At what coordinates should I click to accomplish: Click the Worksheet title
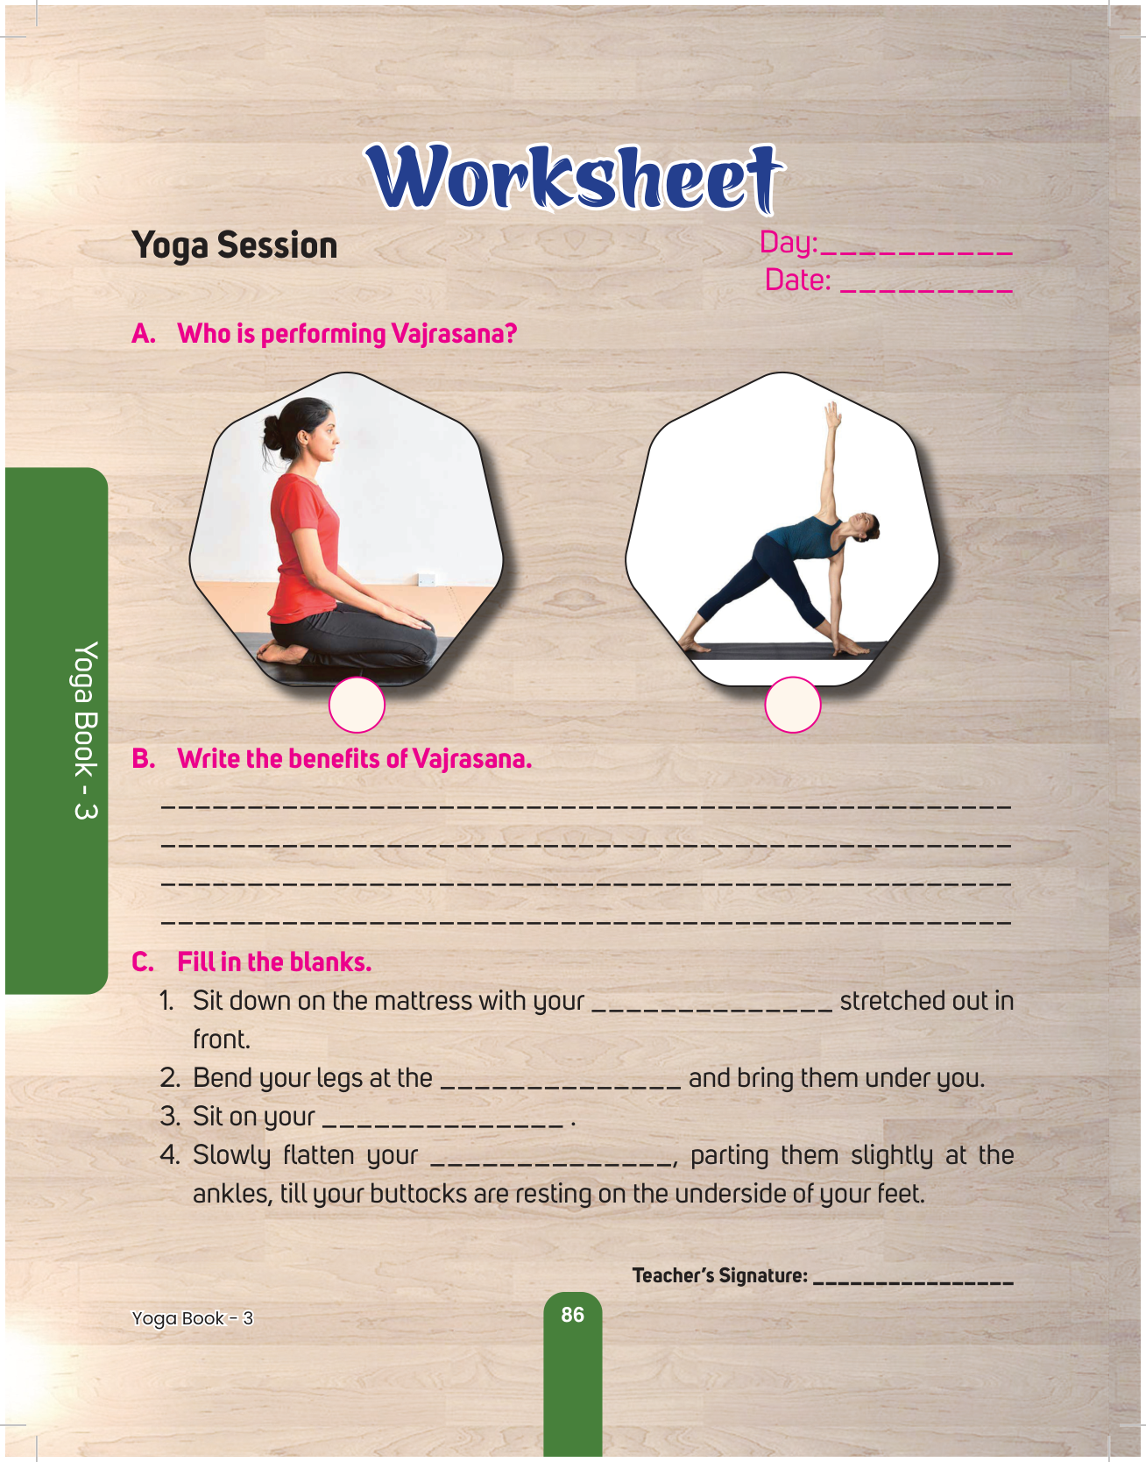pos(574,178)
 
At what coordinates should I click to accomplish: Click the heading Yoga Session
pos(235,245)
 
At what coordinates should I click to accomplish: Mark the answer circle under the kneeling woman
pos(357,705)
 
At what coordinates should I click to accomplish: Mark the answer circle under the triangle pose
pos(792,705)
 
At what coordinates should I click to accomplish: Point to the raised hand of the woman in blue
pos(832,415)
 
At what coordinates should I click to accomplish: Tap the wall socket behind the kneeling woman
pos(427,579)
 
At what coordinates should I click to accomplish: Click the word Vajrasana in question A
pos(454,334)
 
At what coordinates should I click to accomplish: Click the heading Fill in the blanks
pos(274,962)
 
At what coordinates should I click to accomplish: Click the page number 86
pos(572,1315)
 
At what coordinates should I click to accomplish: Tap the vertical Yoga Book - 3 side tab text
pos(85,731)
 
